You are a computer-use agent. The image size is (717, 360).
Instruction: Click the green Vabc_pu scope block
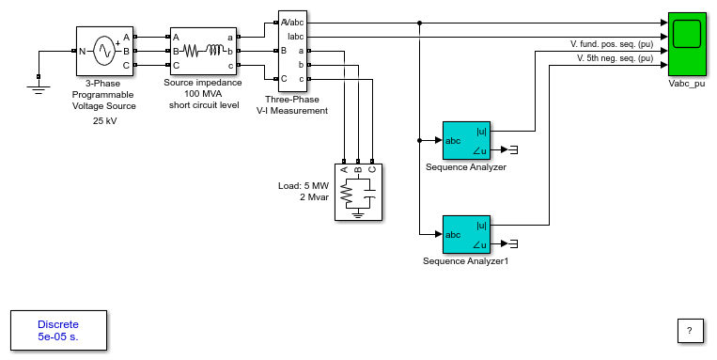pyautogui.click(x=687, y=44)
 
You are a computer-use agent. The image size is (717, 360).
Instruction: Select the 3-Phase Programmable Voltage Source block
pyautogui.click(x=104, y=51)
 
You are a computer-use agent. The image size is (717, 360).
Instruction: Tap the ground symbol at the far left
pyautogui.click(x=39, y=86)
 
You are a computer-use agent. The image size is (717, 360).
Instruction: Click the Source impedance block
pyautogui.click(x=204, y=51)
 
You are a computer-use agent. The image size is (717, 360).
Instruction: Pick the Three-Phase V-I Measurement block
pyautogui.click(x=292, y=51)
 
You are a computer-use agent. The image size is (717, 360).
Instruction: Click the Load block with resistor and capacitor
pyautogui.click(x=358, y=192)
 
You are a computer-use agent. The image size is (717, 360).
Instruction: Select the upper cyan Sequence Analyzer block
pyautogui.click(x=466, y=140)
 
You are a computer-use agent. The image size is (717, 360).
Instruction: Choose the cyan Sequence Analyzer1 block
pyautogui.click(x=466, y=234)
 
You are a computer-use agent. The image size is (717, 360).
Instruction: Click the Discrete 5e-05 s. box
pyautogui.click(x=58, y=330)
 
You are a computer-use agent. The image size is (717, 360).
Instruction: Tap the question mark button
pyautogui.click(x=690, y=330)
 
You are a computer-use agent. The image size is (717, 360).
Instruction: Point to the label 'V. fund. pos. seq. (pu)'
pyautogui.click(x=612, y=44)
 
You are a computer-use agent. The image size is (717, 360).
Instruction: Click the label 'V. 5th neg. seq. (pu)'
pyautogui.click(x=615, y=58)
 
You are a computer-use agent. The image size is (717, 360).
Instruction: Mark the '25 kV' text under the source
pyautogui.click(x=104, y=121)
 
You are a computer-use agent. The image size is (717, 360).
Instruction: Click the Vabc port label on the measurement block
pyautogui.click(x=293, y=23)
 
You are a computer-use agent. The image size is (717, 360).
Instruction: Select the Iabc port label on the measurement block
pyautogui.click(x=295, y=37)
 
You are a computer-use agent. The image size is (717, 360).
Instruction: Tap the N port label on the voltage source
pyautogui.click(x=83, y=52)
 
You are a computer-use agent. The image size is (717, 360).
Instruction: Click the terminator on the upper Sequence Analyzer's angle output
pyautogui.click(x=513, y=149)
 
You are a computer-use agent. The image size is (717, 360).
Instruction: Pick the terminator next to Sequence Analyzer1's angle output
pyautogui.click(x=513, y=243)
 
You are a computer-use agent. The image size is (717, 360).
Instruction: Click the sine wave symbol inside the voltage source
pyautogui.click(x=105, y=51)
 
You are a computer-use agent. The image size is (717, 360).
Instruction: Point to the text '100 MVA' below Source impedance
pyautogui.click(x=204, y=94)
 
